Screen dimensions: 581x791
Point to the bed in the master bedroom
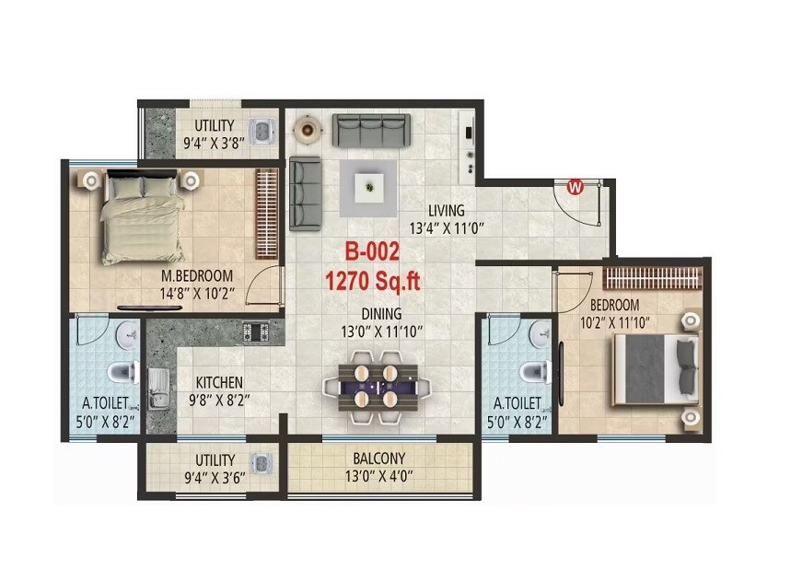[142, 215]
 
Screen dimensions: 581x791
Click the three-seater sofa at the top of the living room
[372, 131]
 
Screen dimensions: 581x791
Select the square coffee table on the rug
[369, 188]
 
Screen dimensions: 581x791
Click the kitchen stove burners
[254, 330]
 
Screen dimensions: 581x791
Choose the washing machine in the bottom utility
[262, 466]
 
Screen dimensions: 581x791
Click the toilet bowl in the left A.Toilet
[121, 373]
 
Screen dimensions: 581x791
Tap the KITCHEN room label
[219, 382]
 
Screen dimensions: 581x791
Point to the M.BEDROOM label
[196, 275]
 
